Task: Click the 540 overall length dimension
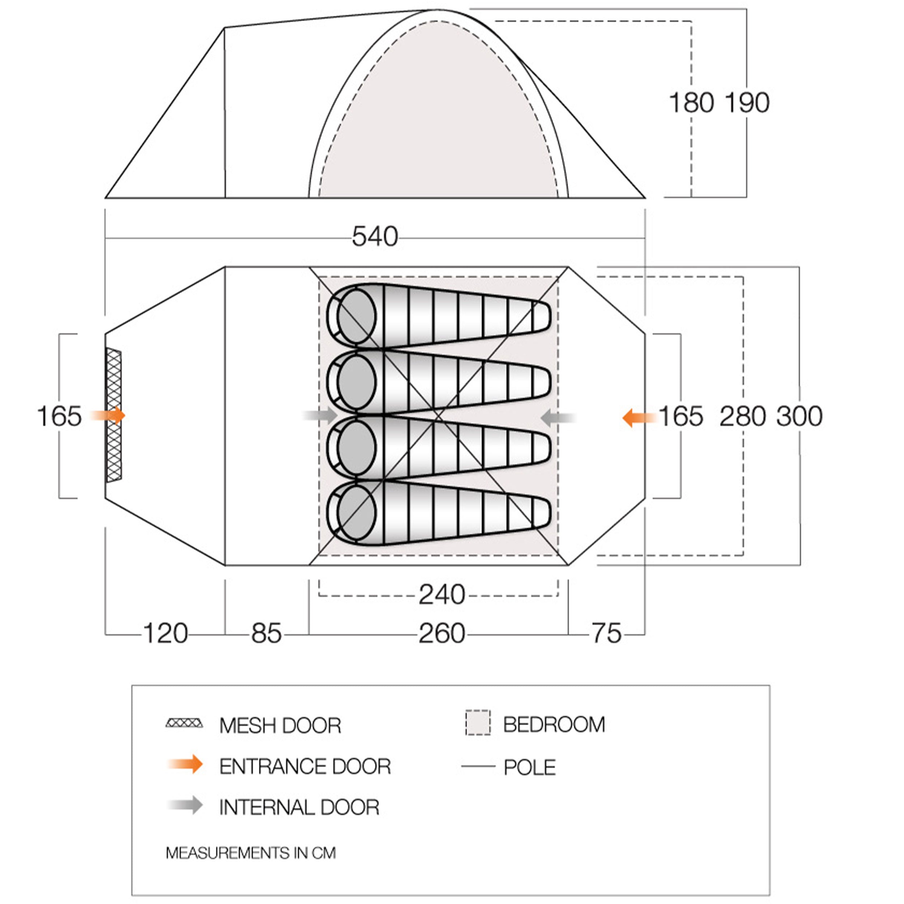pos(375,237)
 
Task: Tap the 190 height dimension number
pos(747,103)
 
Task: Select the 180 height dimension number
pos(692,103)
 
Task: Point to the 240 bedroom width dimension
pos(442,595)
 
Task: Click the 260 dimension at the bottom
pos(442,634)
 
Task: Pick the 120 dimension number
pos(165,634)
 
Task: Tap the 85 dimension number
pos(266,634)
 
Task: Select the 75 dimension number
pos(607,634)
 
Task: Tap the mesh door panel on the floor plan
pos(114,415)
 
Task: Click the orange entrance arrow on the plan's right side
pos(639,417)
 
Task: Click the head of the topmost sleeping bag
pos(356,317)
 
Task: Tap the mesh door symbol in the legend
pos(184,724)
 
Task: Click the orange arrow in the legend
pos(185,764)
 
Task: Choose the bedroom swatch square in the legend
pos(478,723)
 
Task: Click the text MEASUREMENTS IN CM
pos(251,853)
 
